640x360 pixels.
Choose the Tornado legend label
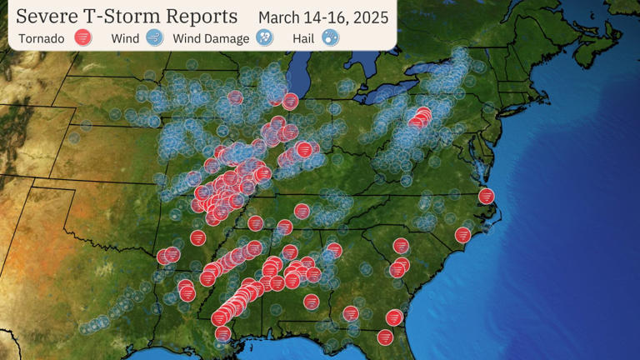click(x=41, y=38)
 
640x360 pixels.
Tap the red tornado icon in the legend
click(x=82, y=37)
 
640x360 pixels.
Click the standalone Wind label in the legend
click(x=125, y=38)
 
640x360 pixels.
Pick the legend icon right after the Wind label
click(x=154, y=37)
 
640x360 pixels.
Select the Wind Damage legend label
click(x=211, y=38)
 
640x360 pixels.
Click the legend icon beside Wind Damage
click(x=265, y=37)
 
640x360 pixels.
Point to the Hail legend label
click(x=303, y=38)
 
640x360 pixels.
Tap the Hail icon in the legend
click(x=330, y=37)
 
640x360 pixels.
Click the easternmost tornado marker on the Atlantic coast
click(x=487, y=197)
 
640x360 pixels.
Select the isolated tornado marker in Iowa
click(x=236, y=97)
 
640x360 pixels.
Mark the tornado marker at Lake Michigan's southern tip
click(x=290, y=102)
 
